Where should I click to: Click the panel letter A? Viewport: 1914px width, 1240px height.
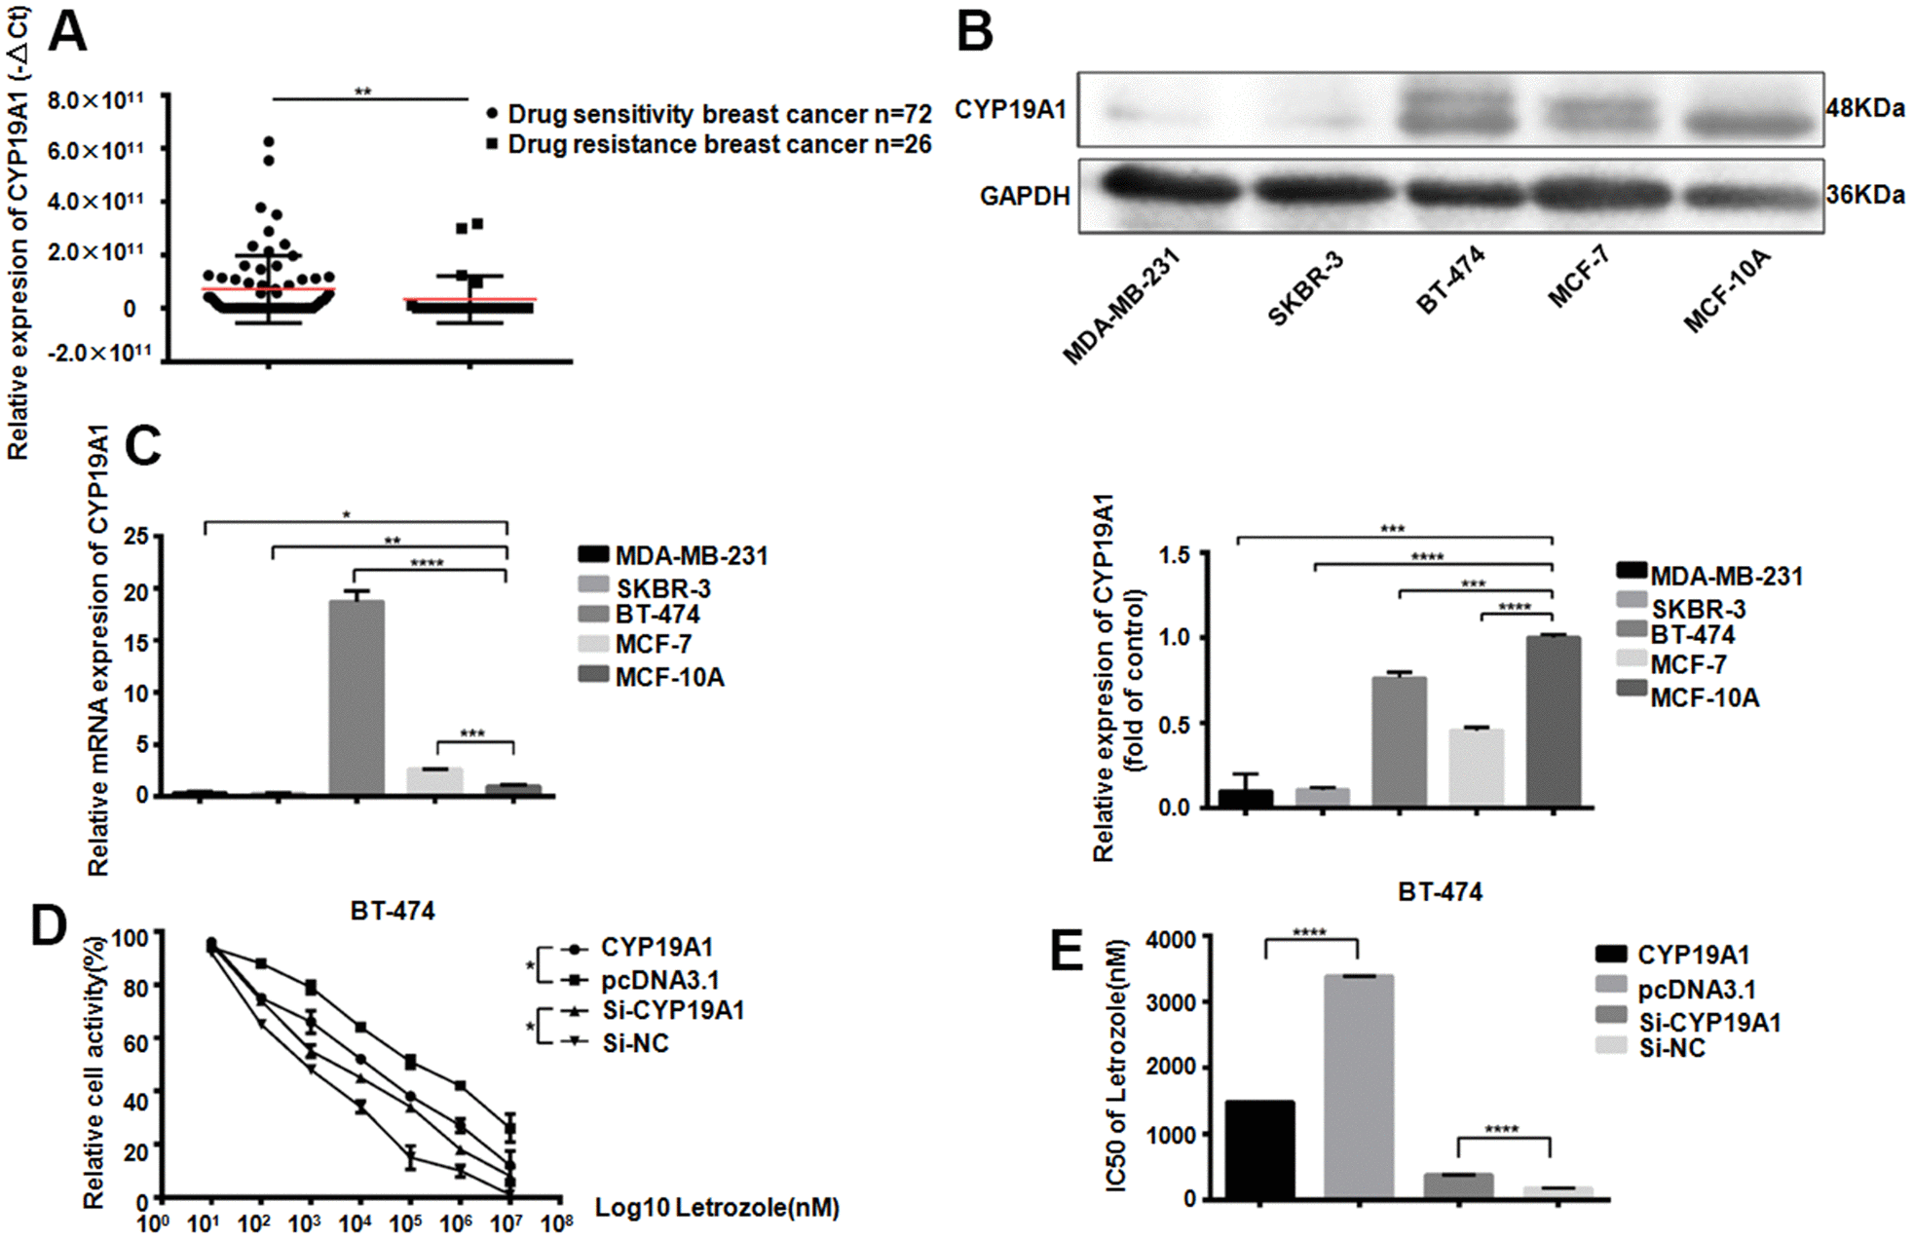tap(68, 31)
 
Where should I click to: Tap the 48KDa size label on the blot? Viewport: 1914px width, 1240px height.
tap(1865, 108)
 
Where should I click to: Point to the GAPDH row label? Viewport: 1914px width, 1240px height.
tap(1024, 197)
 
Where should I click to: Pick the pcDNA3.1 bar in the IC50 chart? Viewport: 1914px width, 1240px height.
tap(1359, 1086)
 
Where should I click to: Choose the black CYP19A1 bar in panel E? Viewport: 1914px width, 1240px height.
tap(1259, 1149)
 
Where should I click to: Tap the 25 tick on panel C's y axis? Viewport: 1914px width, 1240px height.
tap(136, 536)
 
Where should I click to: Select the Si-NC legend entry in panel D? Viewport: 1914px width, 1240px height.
tap(635, 1043)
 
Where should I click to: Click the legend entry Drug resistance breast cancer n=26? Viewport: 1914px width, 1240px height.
tap(719, 145)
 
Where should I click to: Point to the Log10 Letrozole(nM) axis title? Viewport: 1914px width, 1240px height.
tap(717, 1208)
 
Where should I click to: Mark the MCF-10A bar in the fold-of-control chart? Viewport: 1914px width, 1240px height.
tap(1553, 721)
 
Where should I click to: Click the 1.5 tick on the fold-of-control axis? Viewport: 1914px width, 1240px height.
tap(1175, 555)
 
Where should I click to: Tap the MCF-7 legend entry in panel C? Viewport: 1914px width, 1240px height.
tap(653, 644)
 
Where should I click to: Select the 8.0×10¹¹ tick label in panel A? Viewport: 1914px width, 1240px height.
tap(95, 100)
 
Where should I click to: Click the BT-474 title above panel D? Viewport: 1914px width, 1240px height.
tap(393, 911)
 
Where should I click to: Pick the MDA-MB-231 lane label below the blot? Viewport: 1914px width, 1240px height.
tap(1120, 306)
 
